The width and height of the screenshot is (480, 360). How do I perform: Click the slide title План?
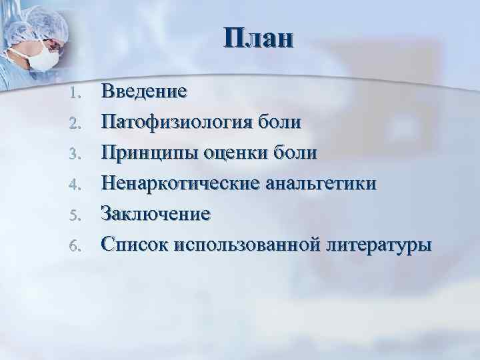coord(258,38)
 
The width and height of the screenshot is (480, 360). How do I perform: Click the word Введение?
coord(143,92)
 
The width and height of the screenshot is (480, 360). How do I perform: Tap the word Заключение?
coord(155,214)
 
